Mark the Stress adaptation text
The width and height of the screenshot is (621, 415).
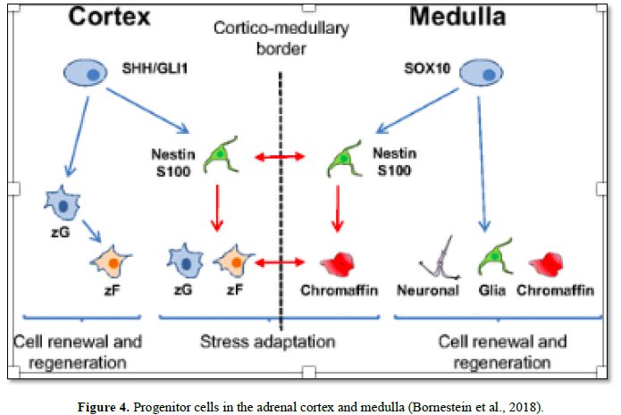(268, 341)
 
